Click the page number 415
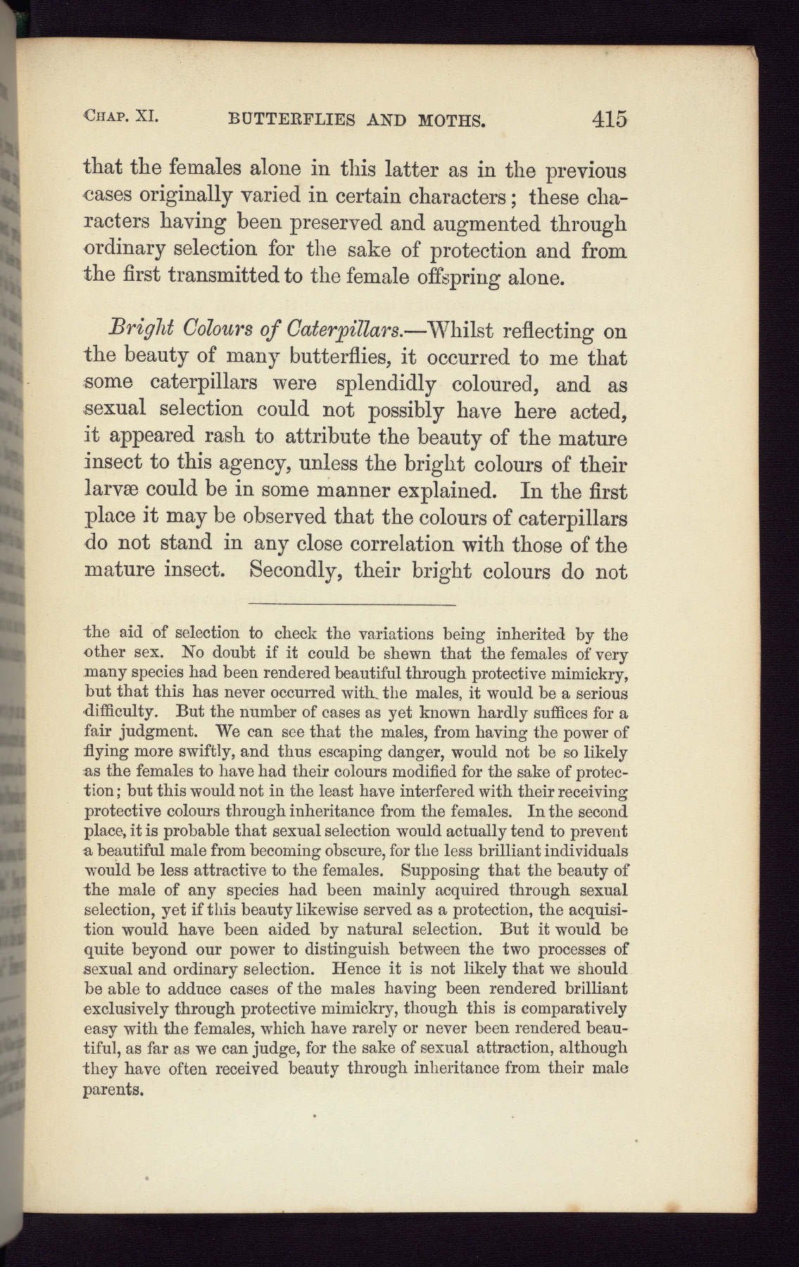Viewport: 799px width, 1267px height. [x=609, y=119]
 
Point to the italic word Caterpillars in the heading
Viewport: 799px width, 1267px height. [x=344, y=330]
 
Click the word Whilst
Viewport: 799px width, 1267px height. [x=468, y=330]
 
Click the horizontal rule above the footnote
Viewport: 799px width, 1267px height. [x=352, y=604]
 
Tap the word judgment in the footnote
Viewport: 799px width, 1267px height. [x=156, y=732]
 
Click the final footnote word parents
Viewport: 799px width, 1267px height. [x=114, y=1091]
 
